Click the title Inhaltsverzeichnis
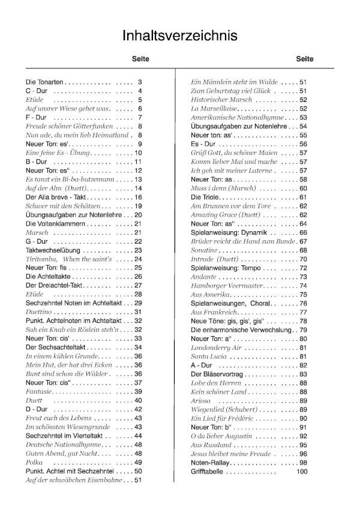click(x=179, y=35)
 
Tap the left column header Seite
click(x=140, y=59)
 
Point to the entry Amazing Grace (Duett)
click(x=226, y=214)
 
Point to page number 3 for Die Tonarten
click(x=140, y=82)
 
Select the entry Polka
click(x=35, y=462)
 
